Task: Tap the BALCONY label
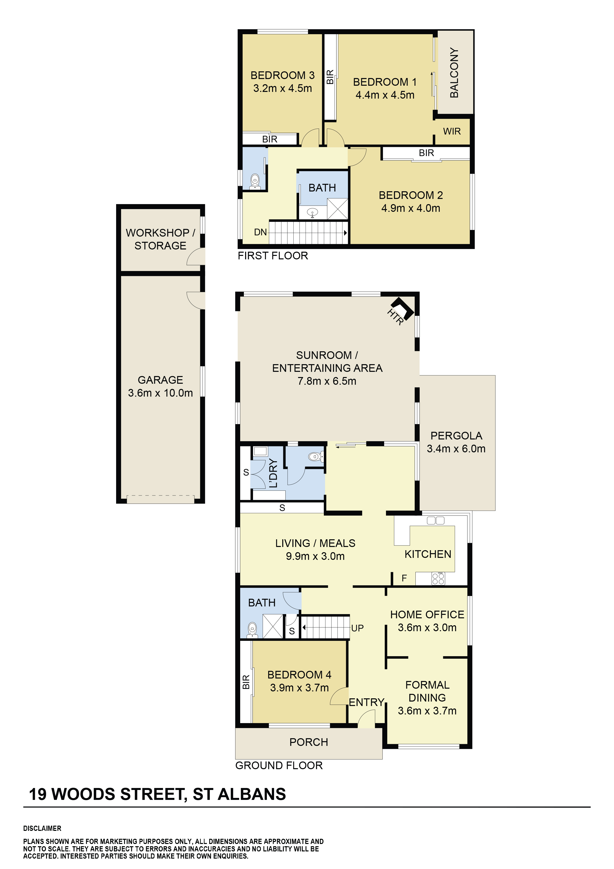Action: coord(454,73)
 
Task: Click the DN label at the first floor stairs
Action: coord(260,232)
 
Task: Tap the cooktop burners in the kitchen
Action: coord(438,578)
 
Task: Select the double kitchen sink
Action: coord(435,520)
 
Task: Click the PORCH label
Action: coord(309,742)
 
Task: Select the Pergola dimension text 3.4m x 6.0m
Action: coord(456,449)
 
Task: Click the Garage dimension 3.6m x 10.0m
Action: coord(160,393)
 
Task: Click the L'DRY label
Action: coord(273,473)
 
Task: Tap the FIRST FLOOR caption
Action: coord(273,256)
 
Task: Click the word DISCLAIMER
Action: coord(42,829)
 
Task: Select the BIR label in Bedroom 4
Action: coord(246,682)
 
